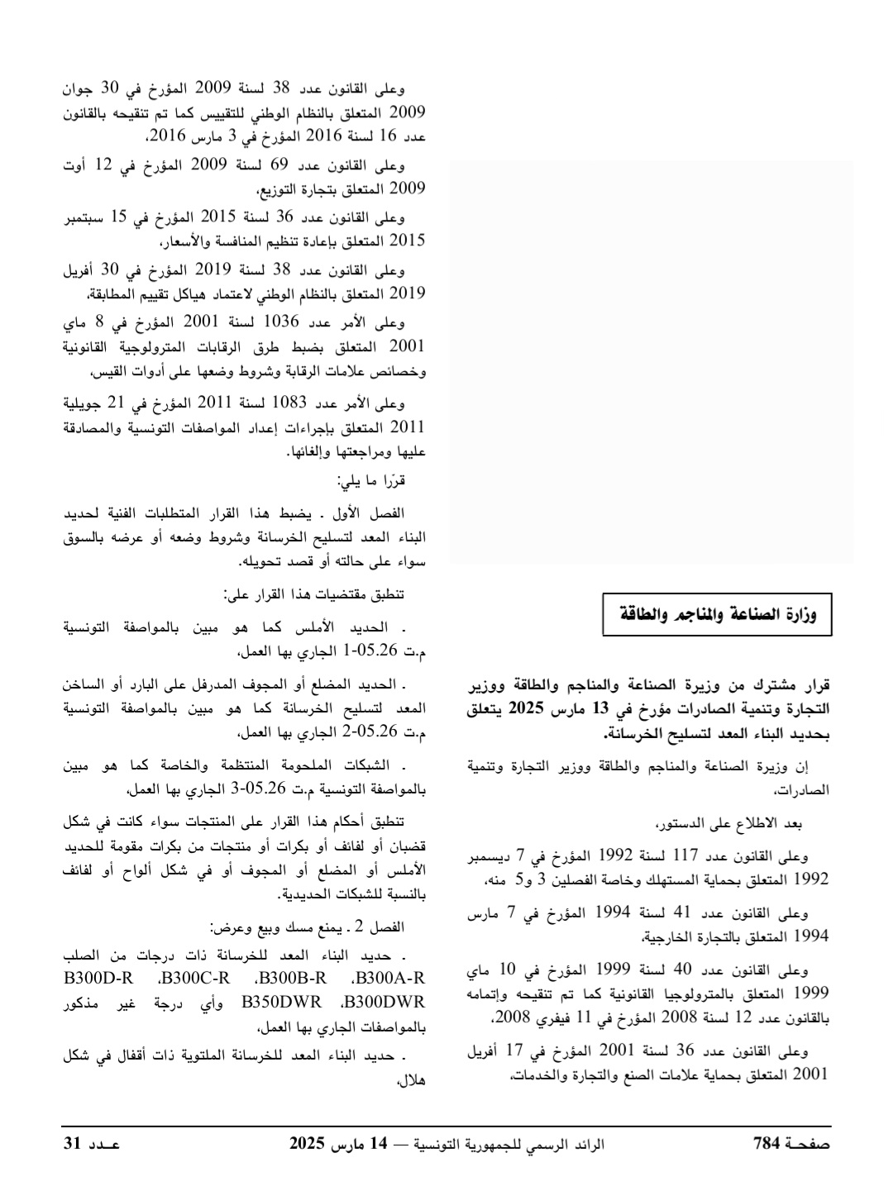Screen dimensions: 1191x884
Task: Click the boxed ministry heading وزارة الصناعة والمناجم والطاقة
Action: tap(716, 614)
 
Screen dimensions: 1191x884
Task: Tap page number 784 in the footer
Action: tap(767, 1144)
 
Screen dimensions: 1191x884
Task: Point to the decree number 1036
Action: tap(282, 322)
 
